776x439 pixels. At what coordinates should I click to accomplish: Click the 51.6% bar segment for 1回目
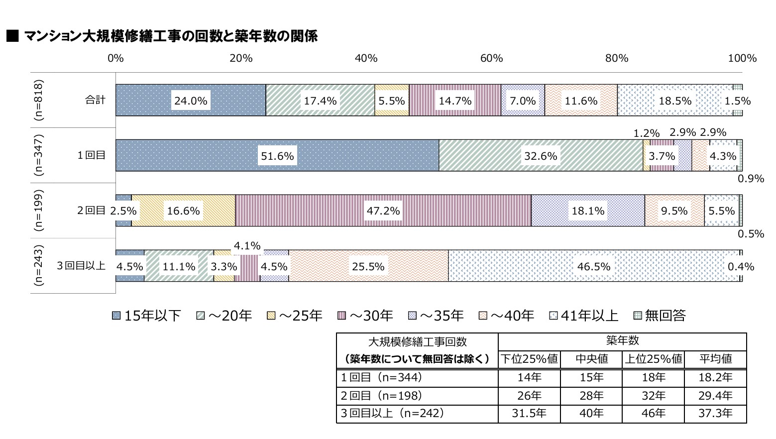[277, 156]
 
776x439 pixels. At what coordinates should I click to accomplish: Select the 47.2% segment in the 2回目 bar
[383, 211]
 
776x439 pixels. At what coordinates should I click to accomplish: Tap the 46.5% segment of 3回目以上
[593, 266]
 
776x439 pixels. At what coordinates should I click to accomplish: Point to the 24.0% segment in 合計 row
[191, 101]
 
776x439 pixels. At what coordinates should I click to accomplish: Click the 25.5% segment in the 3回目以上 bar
[368, 266]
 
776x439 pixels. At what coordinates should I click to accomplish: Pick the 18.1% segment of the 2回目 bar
[588, 211]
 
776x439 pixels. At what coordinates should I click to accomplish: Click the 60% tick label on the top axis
[491, 58]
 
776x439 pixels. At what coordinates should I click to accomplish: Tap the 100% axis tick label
[742, 58]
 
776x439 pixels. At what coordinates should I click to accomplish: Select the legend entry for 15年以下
[146, 316]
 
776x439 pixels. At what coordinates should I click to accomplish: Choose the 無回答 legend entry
[660, 316]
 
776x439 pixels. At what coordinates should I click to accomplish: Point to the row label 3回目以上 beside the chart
[81, 266]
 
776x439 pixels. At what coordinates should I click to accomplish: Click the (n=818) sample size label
[39, 100]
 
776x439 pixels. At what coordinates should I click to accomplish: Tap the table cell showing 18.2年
[715, 377]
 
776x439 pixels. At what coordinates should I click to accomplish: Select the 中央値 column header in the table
[591, 359]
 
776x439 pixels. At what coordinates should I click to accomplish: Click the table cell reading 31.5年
[529, 413]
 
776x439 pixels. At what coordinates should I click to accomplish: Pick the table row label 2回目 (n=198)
[381, 396]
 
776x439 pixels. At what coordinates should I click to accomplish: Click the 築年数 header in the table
[622, 341]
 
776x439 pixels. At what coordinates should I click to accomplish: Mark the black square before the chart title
[12, 36]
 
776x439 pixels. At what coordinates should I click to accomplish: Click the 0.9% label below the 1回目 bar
[751, 179]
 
